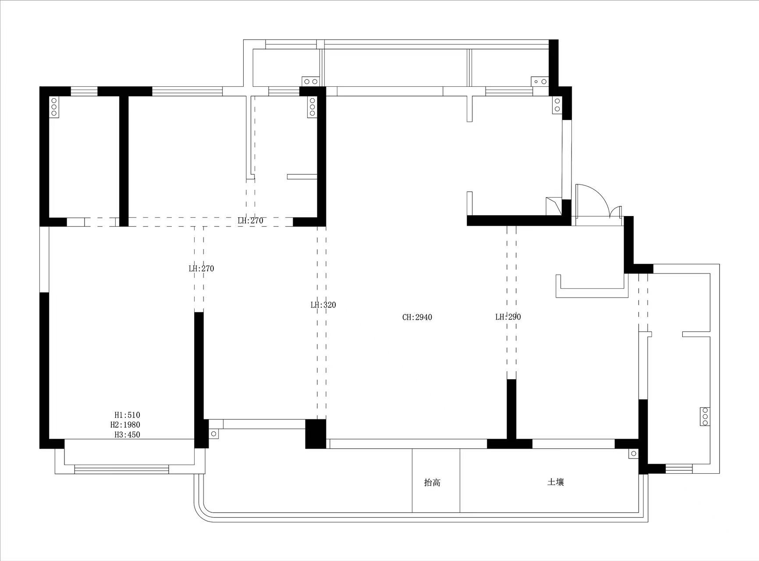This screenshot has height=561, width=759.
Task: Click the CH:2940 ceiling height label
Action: (417, 317)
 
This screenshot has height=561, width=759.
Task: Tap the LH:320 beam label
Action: (323, 305)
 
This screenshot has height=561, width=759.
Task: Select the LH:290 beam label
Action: (508, 317)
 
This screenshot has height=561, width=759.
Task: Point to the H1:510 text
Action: (128, 415)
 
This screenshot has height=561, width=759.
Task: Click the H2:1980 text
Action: (125, 425)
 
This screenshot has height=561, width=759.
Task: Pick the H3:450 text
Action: (128, 435)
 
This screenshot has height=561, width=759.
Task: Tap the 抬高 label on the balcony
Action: (433, 483)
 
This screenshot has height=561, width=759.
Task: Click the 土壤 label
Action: (556, 482)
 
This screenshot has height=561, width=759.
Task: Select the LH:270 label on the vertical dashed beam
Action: (202, 269)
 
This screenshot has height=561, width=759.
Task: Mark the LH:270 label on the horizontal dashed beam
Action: (251, 220)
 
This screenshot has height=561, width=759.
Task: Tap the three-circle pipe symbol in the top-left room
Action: (54, 107)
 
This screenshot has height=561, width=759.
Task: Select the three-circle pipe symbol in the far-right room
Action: (705, 416)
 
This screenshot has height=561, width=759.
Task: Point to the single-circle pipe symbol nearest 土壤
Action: (633, 454)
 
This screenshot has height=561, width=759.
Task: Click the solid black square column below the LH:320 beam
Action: (316, 434)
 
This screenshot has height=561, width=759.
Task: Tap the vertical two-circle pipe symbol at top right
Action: (557, 105)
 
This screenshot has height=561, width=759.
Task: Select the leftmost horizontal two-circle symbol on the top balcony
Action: (311, 82)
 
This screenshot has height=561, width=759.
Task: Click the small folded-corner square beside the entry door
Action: (553, 206)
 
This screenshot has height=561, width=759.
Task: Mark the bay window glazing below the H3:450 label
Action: (121, 469)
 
